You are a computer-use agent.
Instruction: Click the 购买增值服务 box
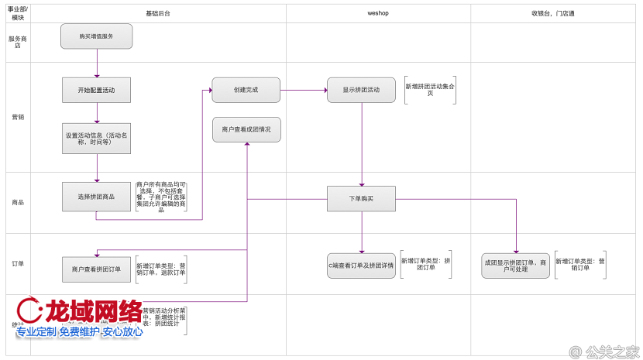click(x=97, y=36)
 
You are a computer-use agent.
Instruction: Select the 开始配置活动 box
click(x=97, y=90)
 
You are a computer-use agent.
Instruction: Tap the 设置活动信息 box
click(x=97, y=138)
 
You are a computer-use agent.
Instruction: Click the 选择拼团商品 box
click(x=97, y=197)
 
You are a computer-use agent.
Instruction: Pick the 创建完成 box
click(x=246, y=90)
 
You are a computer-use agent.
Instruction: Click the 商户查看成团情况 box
click(x=246, y=129)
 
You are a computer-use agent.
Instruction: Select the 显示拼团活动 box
click(x=361, y=90)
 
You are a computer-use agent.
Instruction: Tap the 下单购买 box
click(x=361, y=198)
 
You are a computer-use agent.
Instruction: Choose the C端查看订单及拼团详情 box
click(x=361, y=266)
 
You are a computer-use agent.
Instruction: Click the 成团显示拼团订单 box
click(x=515, y=266)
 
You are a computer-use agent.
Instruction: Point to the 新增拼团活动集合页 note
click(x=430, y=90)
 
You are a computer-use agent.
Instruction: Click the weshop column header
click(x=378, y=13)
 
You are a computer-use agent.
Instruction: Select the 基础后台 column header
click(x=158, y=13)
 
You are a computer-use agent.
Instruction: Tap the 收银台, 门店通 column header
click(x=555, y=13)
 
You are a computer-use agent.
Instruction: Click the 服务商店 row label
click(x=15, y=42)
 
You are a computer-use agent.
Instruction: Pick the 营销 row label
click(x=16, y=118)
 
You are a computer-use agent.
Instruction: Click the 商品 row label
click(x=16, y=202)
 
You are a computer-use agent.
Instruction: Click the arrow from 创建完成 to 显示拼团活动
click(x=303, y=90)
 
